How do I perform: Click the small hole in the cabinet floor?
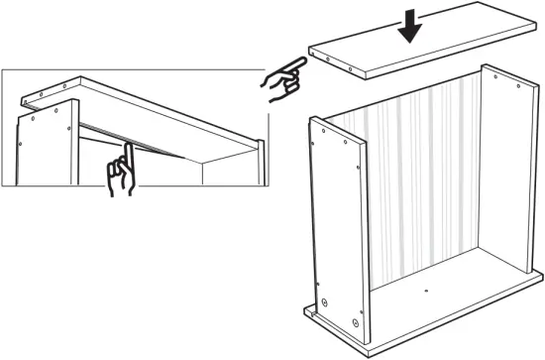tap(425, 292)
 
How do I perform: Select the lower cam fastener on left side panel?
tap(355, 322)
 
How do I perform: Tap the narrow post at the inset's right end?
tap(261, 164)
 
